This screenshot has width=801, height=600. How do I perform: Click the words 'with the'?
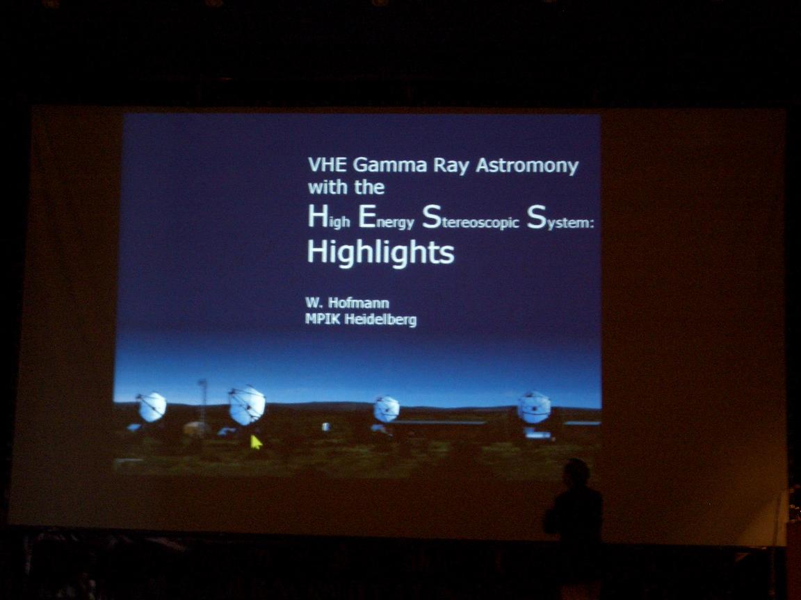346,187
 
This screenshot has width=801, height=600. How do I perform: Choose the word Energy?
386,218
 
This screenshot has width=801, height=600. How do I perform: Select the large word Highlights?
380,253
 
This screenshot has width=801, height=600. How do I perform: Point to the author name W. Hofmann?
348,303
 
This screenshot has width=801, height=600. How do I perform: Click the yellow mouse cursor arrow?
256,442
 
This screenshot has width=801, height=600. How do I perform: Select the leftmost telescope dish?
152,407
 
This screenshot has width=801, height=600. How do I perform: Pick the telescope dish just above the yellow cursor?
247,405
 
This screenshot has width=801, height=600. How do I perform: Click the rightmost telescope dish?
534,408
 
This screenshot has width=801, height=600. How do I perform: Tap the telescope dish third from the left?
386,409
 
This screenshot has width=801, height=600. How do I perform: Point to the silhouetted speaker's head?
578,472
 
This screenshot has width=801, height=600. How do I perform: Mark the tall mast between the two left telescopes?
203,407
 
